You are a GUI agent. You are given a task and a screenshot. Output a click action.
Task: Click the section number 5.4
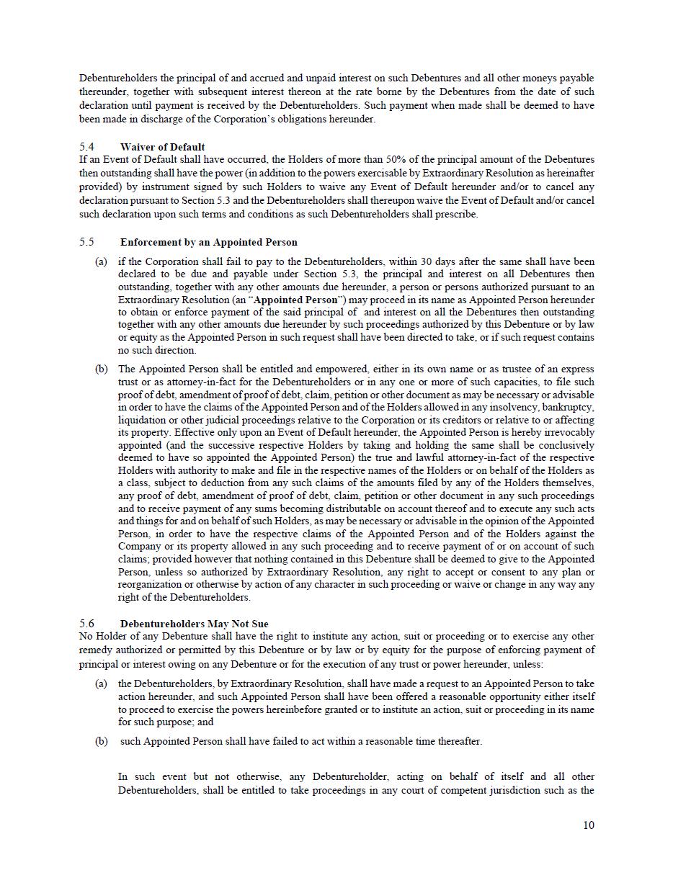(x=86, y=147)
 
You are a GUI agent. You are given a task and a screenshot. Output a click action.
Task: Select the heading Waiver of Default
(x=162, y=147)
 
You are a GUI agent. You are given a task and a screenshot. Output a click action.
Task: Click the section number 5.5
(x=86, y=242)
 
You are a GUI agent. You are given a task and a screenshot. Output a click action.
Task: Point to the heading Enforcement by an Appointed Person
(x=208, y=242)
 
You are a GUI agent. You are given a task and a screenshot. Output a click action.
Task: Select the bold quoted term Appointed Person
(x=295, y=300)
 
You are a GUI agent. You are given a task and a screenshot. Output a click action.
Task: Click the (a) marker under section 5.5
(x=102, y=261)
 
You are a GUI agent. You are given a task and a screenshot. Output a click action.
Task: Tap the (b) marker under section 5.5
(x=102, y=369)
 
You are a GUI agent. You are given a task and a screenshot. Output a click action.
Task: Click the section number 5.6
(x=86, y=624)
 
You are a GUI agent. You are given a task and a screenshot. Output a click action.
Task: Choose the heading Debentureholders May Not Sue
(x=194, y=624)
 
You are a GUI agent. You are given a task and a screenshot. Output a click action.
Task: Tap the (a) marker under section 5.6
(x=102, y=683)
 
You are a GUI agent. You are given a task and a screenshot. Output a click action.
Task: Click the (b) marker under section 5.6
(x=102, y=741)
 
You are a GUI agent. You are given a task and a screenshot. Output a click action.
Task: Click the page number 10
(x=589, y=825)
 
